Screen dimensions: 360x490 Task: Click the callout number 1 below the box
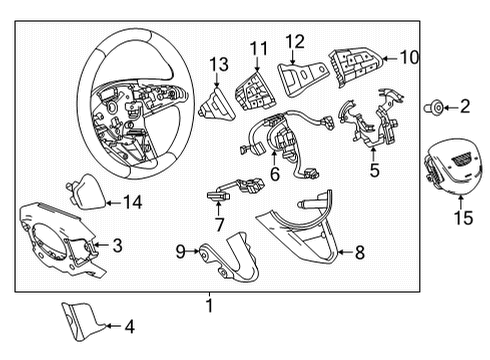(x=208, y=305)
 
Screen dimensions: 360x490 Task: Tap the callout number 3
(x=117, y=244)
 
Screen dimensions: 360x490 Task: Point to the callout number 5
(x=374, y=171)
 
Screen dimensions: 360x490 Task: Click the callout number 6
(x=273, y=173)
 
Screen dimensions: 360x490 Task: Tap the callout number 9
(x=181, y=253)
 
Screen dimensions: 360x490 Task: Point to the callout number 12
(x=295, y=41)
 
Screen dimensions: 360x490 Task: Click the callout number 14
(x=132, y=202)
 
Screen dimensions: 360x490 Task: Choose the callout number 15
(x=461, y=216)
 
